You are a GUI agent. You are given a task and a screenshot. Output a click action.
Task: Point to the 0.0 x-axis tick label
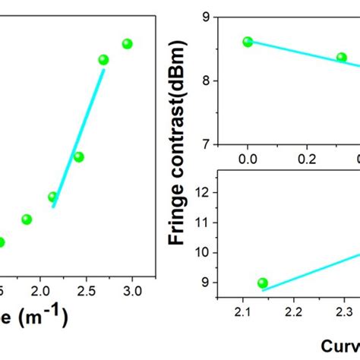[248, 159]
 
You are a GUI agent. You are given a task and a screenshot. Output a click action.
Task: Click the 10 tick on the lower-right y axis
[202, 253]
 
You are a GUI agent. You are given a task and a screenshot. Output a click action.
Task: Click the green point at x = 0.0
[248, 42]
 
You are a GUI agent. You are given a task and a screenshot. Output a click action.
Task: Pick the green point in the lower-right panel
[263, 283]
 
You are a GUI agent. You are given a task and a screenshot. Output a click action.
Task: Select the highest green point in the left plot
[127, 44]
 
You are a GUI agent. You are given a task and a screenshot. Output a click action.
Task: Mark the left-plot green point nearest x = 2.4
[78, 157]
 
